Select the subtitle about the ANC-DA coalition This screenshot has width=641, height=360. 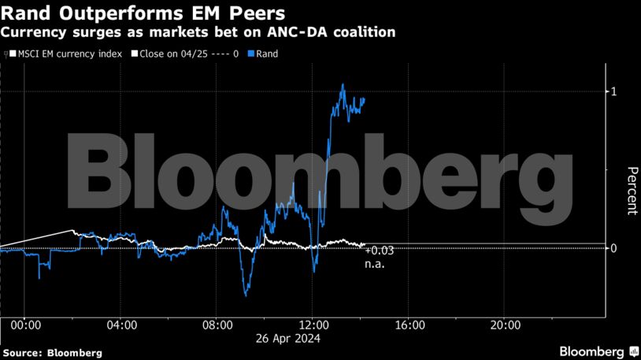point(198,33)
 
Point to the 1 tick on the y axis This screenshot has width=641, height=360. point(613,92)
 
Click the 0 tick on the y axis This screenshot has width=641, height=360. point(613,249)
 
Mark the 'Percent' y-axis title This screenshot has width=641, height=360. point(631,191)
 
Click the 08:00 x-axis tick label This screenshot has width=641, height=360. point(217,325)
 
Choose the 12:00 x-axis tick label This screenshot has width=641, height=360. point(313,325)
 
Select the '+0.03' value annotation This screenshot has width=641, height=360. point(379,251)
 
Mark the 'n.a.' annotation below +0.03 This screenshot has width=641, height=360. point(373,265)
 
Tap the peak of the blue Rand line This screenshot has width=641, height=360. point(343,84)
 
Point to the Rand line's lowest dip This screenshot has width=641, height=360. point(246,295)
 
